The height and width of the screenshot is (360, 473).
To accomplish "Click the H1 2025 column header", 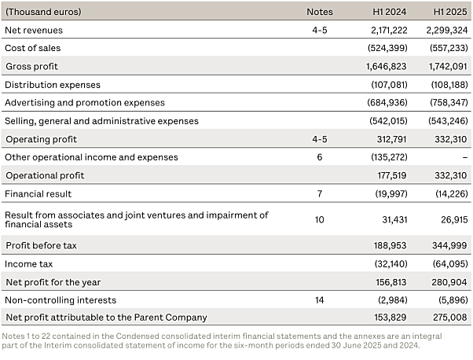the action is coord(450,12).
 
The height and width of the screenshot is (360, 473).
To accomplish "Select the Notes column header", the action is coord(320,12).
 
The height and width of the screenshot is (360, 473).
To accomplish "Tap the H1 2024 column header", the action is coord(390,12).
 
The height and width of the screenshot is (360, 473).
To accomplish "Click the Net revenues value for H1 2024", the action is coord(389,30).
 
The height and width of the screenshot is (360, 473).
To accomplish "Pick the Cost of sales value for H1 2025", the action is coord(449,48).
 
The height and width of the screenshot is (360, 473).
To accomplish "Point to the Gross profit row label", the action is coord(31,66).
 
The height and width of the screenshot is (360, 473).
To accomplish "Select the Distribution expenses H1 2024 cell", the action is coord(389,85).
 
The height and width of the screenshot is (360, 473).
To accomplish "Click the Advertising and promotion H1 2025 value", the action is coord(449,103).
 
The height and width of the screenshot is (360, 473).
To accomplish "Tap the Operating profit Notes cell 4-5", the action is coord(320,139).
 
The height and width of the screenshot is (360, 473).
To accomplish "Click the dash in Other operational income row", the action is coord(465,157).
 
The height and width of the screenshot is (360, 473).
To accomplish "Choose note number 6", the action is coord(320,157).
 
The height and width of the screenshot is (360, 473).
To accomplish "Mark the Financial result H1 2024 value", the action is coord(391,193).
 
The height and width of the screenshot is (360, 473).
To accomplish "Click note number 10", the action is coord(320,219).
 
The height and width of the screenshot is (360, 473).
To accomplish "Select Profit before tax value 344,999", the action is coord(449,245).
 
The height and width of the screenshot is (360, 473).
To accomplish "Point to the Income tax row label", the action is coord(28,264).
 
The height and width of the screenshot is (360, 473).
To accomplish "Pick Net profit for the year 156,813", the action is coord(391,282).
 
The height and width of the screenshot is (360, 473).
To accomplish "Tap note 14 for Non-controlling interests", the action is coord(320,300).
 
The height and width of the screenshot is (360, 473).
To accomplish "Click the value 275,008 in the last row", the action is coord(449,318).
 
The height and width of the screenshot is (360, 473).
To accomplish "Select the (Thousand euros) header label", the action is coord(43,12).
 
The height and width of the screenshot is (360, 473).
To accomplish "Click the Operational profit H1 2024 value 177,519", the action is coord(392,175).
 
